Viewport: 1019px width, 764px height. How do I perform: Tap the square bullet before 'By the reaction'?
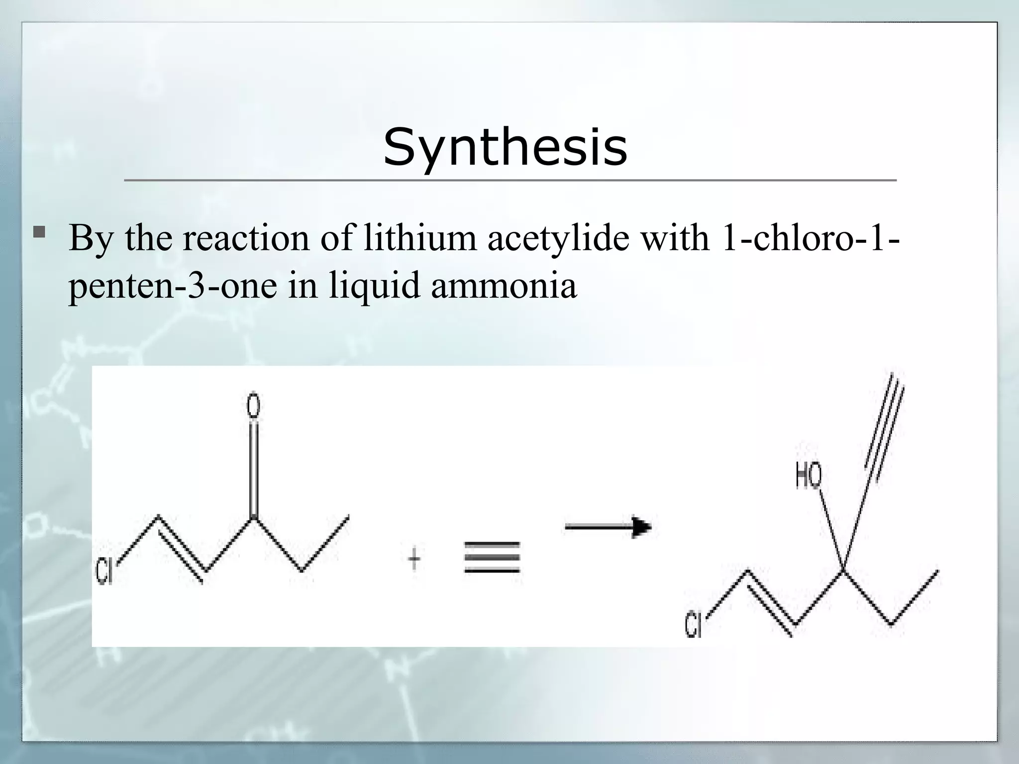tap(39, 232)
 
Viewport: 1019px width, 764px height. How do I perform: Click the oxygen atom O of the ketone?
tap(253, 404)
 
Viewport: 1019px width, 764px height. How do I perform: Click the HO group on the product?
tap(808, 476)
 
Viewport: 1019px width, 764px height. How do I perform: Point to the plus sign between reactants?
tap(414, 561)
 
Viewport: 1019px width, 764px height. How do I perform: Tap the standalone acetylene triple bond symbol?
tap(492, 558)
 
